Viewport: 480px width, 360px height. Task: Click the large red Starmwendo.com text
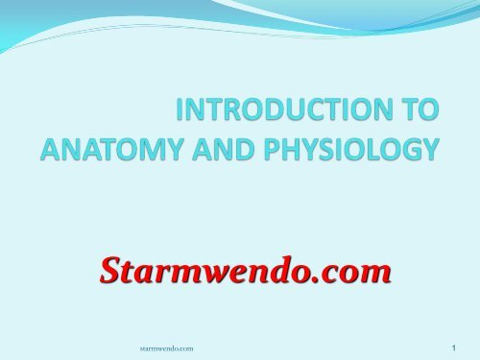(246, 274)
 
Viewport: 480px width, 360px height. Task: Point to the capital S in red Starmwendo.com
(111, 274)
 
